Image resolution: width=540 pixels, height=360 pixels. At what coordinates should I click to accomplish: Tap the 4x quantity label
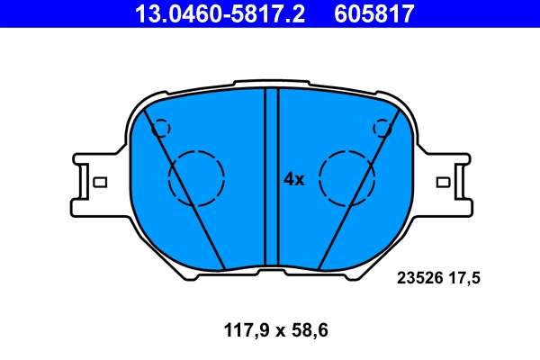coord(294,179)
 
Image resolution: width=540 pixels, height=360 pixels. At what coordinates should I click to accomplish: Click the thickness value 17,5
coord(465,279)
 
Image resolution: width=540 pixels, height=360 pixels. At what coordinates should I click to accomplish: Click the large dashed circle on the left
coord(196,175)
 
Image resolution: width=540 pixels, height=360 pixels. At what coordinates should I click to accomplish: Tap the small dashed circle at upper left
coord(161,128)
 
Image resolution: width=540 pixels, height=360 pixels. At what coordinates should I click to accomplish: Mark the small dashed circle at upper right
coord(383,128)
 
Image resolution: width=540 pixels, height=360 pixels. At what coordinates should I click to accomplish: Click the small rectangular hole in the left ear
coord(100,183)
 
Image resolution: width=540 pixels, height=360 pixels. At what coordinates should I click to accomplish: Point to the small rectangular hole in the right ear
coord(443,183)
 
